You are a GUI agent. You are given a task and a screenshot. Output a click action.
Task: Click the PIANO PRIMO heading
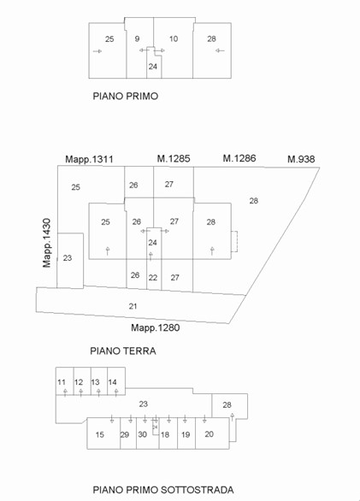tap(126, 96)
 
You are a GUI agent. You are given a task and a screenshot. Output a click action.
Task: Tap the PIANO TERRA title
tap(123, 351)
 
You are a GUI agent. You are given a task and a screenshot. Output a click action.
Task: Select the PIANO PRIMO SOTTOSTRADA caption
tap(163, 490)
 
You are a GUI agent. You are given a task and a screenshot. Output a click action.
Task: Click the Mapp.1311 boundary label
tap(89, 159)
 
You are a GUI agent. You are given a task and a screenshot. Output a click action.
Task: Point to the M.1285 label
tap(174, 158)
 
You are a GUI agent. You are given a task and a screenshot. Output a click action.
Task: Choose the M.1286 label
tap(239, 158)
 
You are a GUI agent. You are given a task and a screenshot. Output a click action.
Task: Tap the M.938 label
tap(301, 159)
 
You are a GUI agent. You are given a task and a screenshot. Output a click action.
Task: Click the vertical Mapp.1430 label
tap(47, 243)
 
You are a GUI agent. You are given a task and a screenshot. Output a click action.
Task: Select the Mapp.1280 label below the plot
tap(156, 327)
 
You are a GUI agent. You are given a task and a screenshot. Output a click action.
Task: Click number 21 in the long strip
tap(133, 306)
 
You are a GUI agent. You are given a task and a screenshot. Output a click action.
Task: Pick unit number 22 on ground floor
tap(153, 277)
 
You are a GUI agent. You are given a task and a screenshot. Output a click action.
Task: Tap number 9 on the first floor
tap(137, 38)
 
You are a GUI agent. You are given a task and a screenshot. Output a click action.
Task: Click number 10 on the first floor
tap(174, 38)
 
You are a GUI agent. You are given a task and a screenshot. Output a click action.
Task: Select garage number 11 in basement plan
tap(62, 382)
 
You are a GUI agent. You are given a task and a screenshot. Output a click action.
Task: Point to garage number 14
tap(112, 382)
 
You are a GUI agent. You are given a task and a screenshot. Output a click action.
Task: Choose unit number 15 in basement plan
tap(100, 434)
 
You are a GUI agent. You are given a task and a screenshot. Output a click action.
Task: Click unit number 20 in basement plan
tap(210, 434)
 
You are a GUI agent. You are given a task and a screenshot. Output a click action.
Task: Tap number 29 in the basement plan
tap(124, 434)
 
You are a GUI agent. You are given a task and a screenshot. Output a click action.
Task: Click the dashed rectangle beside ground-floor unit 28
tap(234, 241)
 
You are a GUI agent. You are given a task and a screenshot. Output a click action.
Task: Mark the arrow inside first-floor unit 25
tap(97, 51)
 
